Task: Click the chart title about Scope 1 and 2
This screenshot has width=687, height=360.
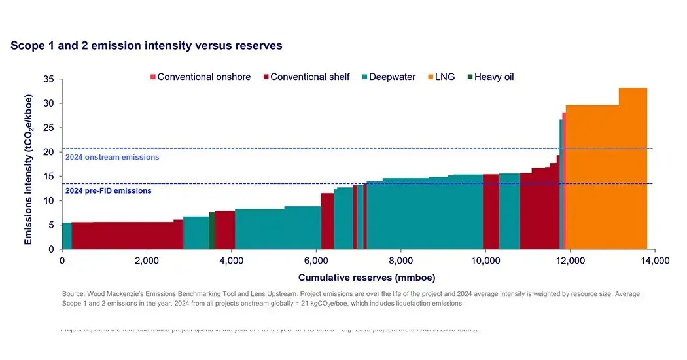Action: [147, 46]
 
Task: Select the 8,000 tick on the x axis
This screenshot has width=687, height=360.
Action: [400, 261]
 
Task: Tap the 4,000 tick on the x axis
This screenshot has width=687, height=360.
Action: [231, 261]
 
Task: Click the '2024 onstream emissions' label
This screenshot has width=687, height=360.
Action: [112, 157]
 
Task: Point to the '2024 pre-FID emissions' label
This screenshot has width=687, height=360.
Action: [109, 191]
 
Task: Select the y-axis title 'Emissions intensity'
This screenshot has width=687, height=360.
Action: [29, 164]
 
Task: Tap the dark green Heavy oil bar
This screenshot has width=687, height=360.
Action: [212, 230]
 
